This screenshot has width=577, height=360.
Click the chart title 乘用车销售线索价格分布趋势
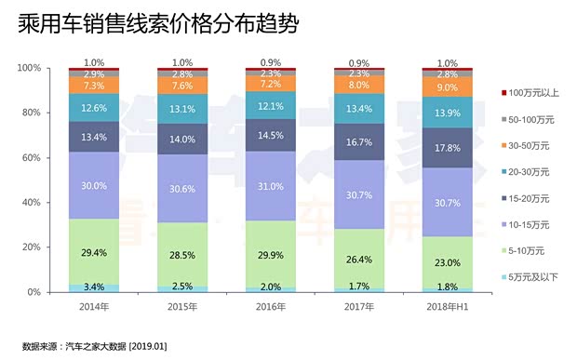[x=158, y=25]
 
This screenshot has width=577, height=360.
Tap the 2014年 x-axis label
[x=94, y=306]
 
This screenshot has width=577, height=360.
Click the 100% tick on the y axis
[x=28, y=68]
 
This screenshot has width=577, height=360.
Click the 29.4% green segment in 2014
[x=94, y=251]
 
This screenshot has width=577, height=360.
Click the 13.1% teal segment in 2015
[x=182, y=107]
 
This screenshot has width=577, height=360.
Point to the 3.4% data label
[x=94, y=287]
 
